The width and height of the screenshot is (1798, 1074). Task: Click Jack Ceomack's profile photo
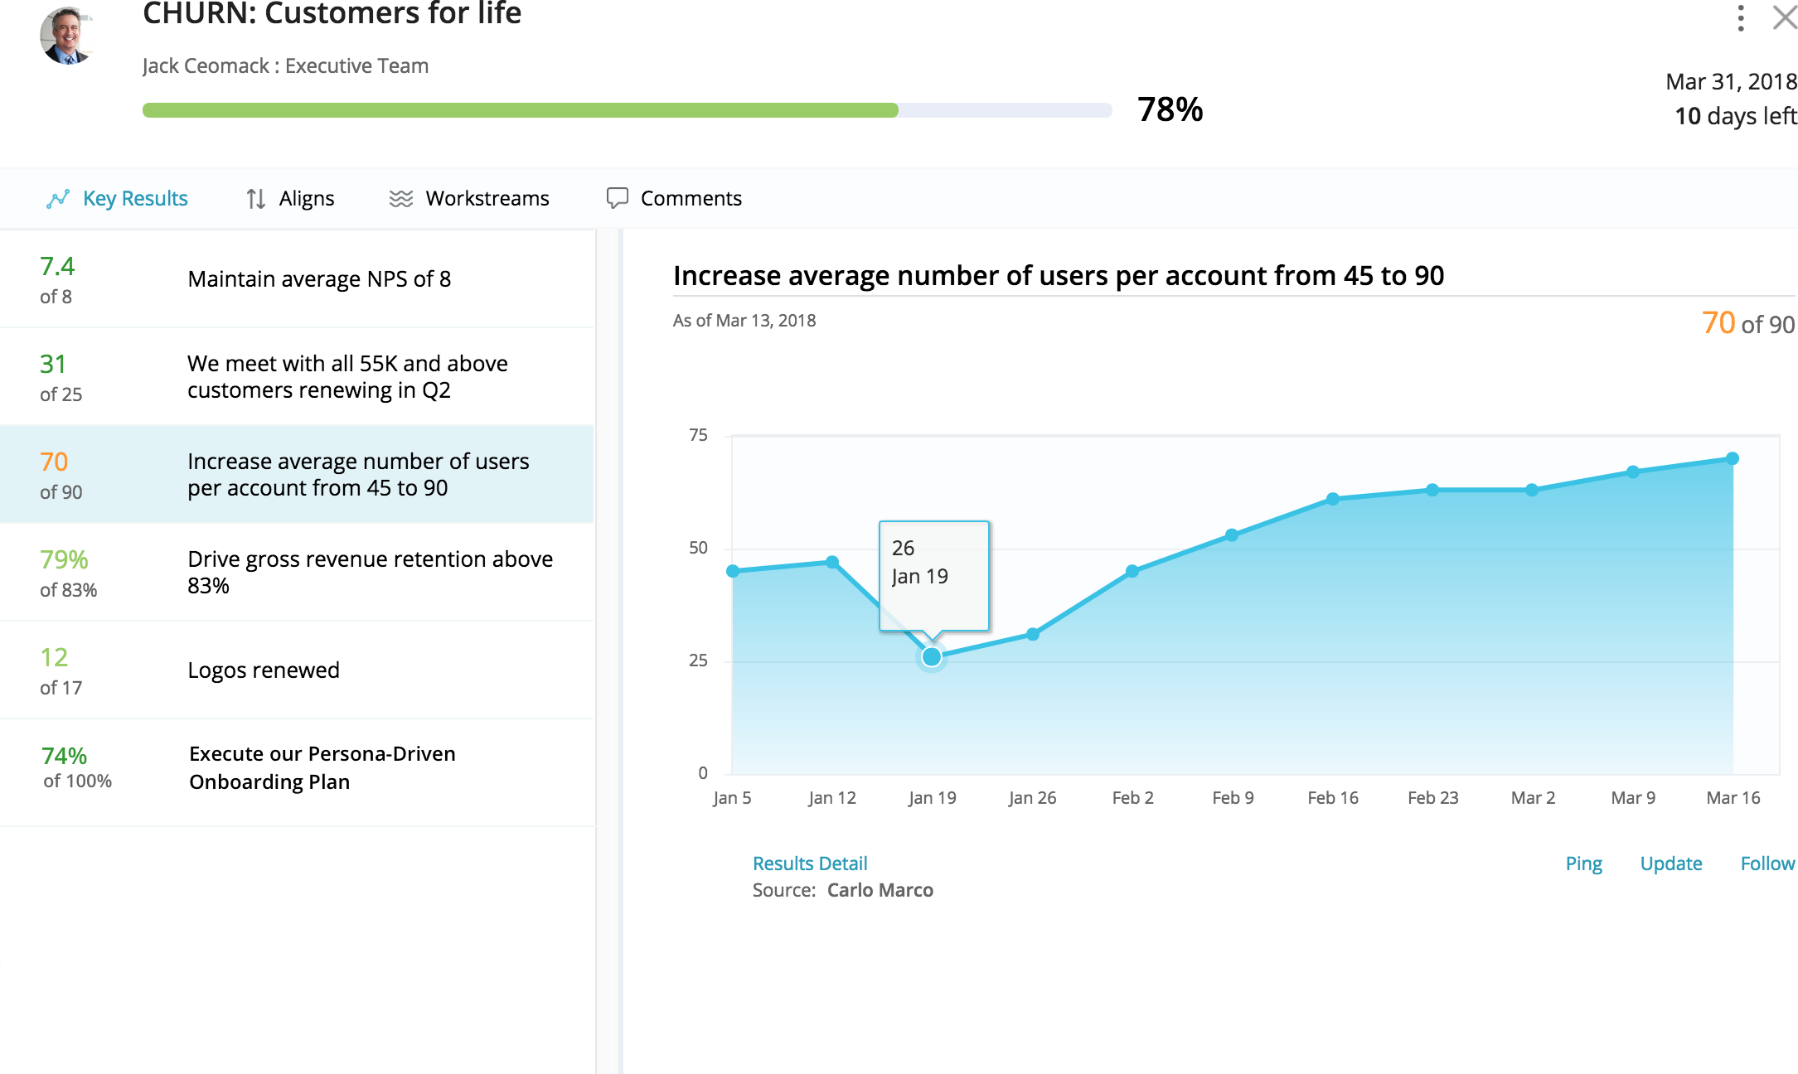[x=67, y=36]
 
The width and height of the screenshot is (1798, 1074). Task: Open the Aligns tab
[x=290, y=199]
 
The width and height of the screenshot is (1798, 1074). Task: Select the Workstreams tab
[x=469, y=199]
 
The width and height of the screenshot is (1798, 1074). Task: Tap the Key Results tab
[x=117, y=199]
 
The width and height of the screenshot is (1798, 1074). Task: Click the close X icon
[x=1784, y=17]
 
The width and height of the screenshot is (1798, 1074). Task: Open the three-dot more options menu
[x=1741, y=17]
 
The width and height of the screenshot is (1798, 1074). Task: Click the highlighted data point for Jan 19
[x=932, y=657]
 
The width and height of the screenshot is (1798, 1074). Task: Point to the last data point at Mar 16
[x=1733, y=458]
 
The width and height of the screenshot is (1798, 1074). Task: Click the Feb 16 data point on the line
[x=1333, y=499]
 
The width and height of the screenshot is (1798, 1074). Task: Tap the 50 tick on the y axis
[x=698, y=548]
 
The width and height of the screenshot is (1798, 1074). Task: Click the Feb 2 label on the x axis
[x=1132, y=798]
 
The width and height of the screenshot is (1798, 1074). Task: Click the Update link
[x=1670, y=864]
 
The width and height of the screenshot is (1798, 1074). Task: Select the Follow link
[x=1766, y=864]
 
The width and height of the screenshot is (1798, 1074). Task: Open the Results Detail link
[x=809, y=864]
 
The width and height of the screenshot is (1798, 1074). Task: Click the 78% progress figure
[x=1170, y=110]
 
